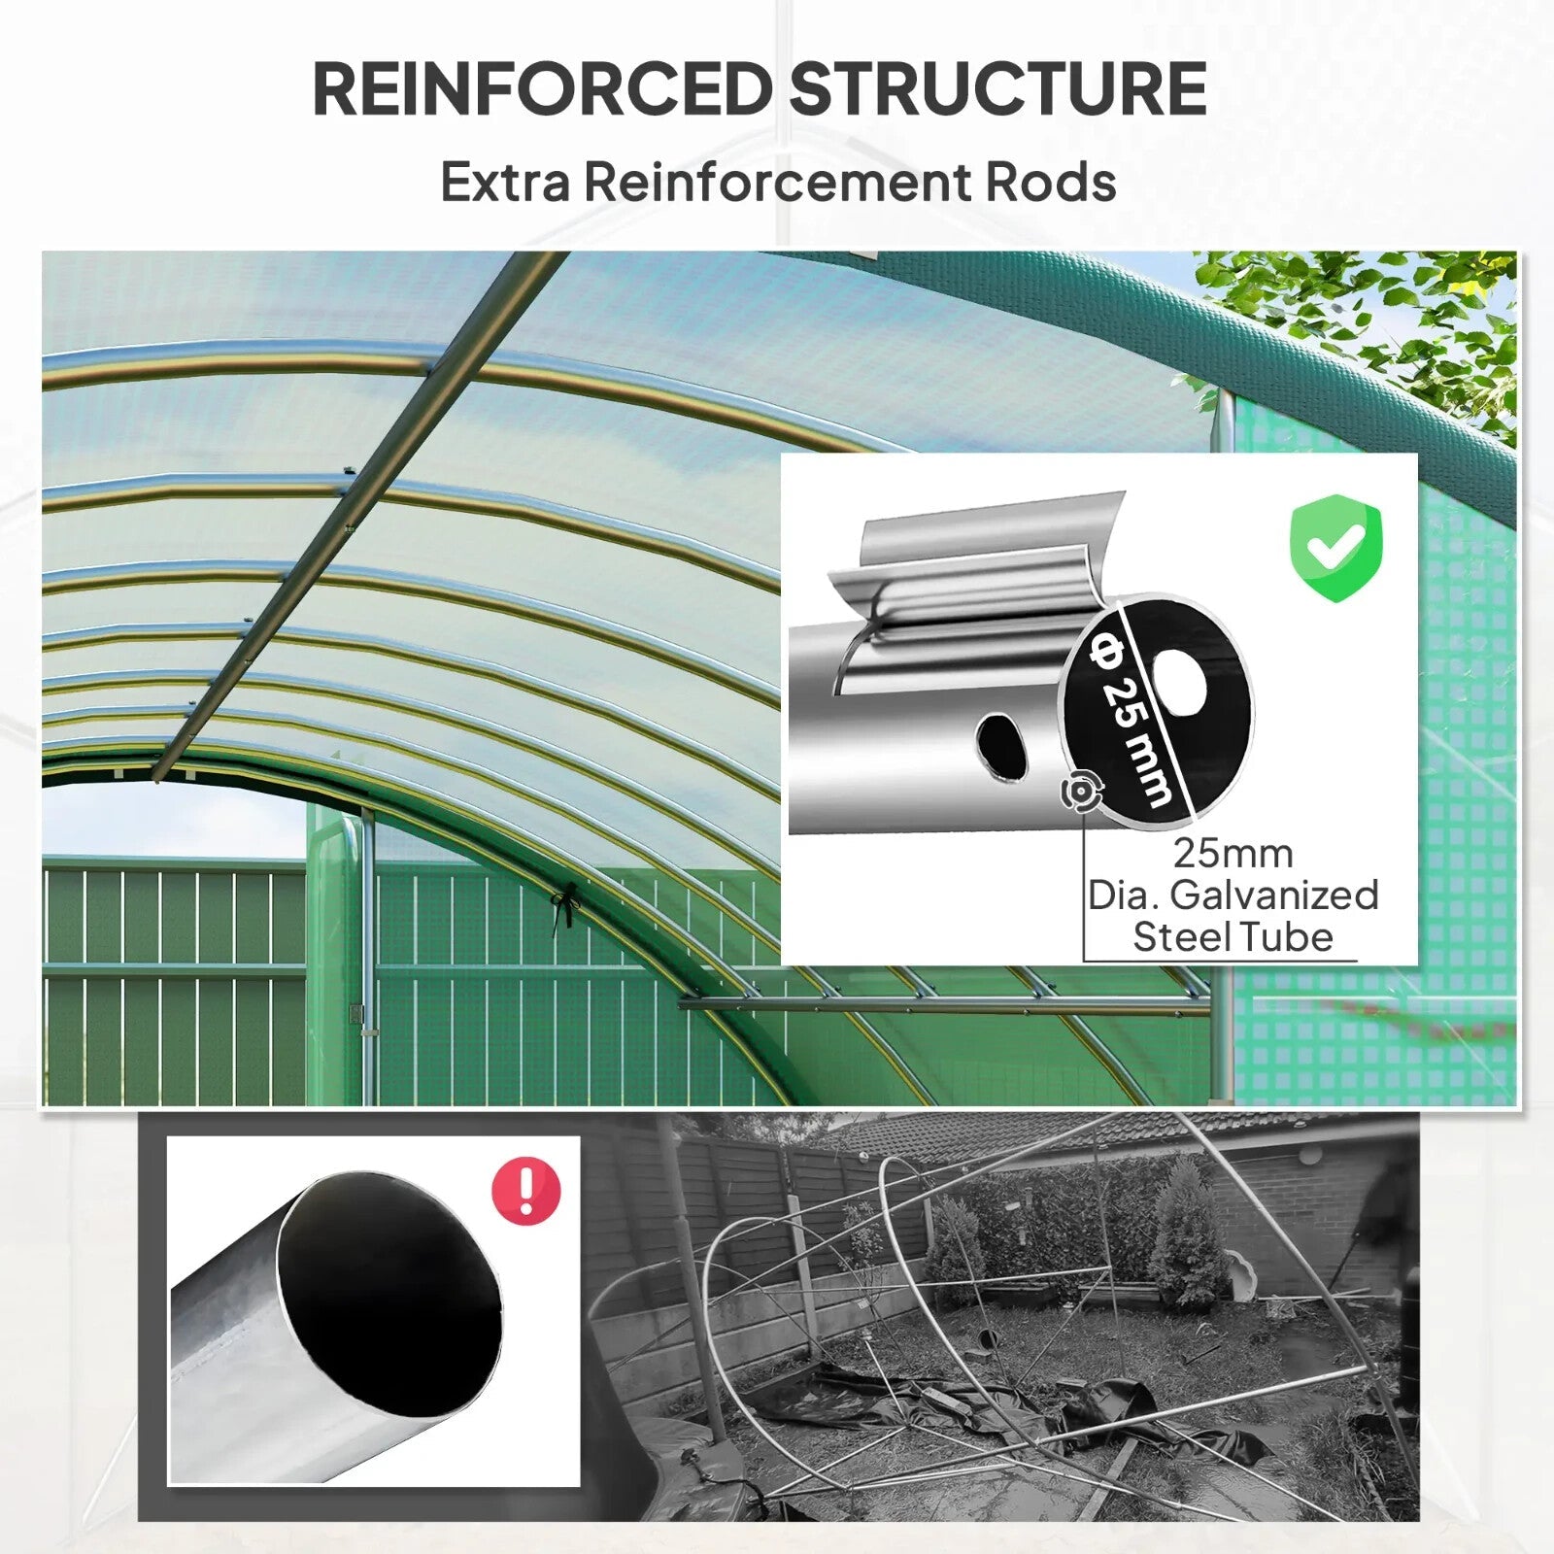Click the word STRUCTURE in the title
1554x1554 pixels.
coord(997,89)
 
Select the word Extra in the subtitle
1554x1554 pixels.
coord(504,182)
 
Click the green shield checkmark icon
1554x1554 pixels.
coord(1335,547)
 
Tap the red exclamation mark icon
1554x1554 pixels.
coord(526,1191)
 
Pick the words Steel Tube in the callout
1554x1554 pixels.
coord(1233,937)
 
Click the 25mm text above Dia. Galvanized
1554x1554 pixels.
coord(1233,854)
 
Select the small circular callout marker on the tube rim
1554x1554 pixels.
coord(1078,793)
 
